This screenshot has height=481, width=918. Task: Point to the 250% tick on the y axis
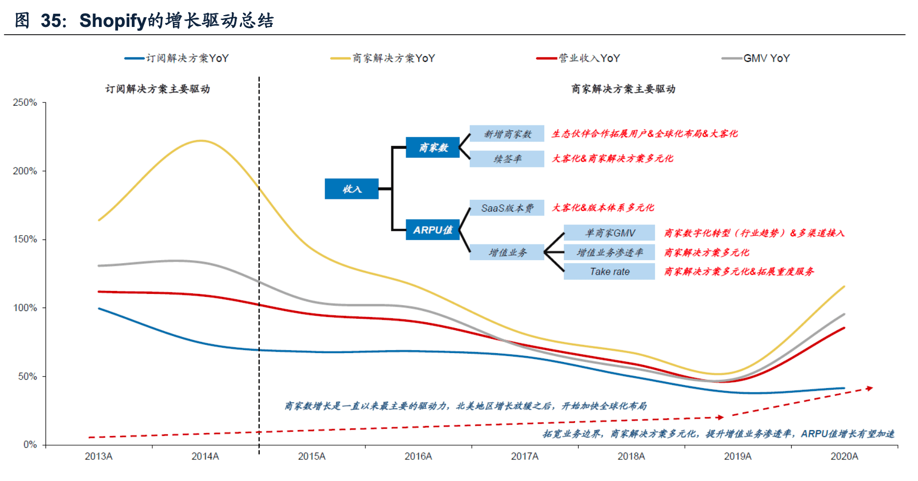pos(25,102)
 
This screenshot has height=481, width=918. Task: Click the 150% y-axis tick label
pos(25,239)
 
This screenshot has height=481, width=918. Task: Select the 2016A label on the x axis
pos(418,457)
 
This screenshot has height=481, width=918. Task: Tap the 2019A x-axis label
pos(737,457)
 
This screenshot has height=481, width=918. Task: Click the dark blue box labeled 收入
pos(352,189)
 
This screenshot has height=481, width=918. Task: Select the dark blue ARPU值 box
pos(433,230)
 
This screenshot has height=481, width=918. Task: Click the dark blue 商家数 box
pos(433,147)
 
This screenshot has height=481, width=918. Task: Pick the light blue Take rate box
pos(609,271)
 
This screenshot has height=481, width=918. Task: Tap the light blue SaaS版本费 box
pos(507,208)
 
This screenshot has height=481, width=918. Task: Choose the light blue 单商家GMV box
pos(609,233)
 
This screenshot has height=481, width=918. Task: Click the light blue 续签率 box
pos(507,159)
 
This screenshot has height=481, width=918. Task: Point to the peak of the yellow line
pos(201,141)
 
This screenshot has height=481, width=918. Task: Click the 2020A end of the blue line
pos(844,388)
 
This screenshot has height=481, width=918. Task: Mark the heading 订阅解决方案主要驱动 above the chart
pos(158,89)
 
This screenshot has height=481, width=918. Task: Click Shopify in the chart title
pos(113,21)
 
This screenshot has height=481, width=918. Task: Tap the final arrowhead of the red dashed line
pos(870,388)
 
